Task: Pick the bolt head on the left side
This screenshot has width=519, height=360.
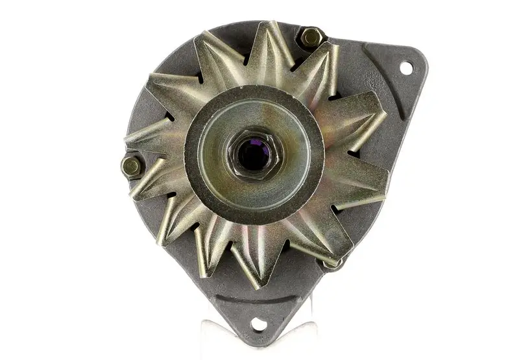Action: [x=132, y=166]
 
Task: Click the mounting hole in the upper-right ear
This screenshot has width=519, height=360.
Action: [x=405, y=67]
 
